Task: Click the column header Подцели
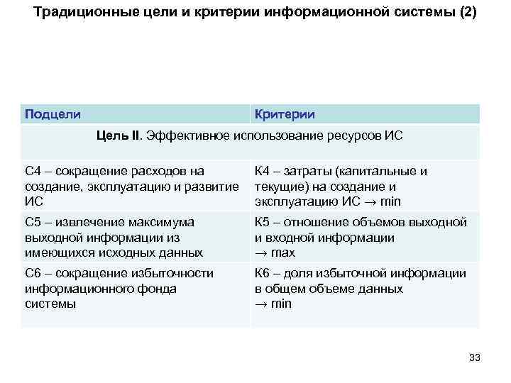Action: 53,114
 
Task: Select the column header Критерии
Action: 285,114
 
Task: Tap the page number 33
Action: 475,358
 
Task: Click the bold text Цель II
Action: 119,135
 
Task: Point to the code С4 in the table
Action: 33,171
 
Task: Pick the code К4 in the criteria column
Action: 264,171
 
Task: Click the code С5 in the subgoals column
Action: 33,222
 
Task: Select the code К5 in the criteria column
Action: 264,222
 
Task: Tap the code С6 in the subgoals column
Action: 33,273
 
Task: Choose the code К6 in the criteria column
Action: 264,273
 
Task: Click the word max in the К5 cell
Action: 283,253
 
